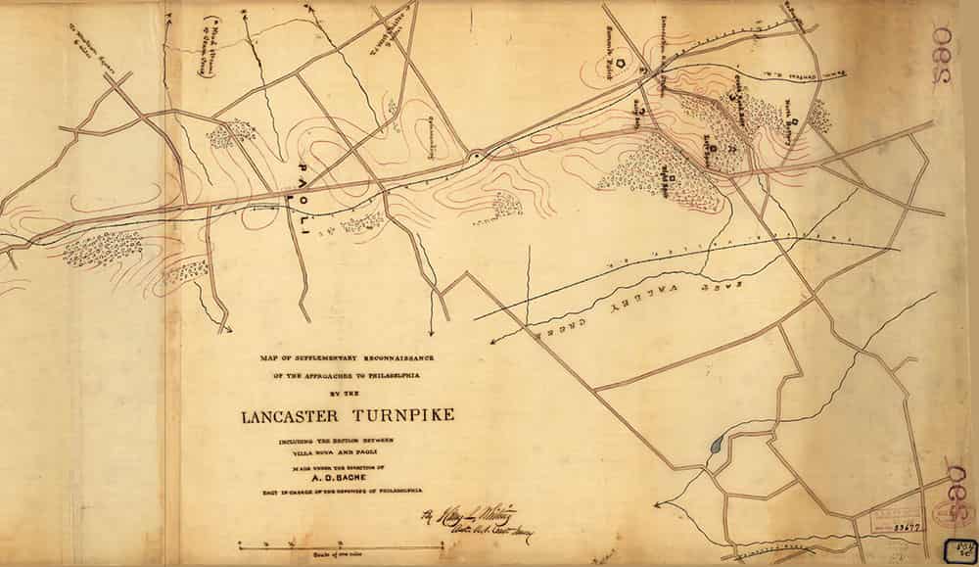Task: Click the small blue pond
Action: [716, 447]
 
